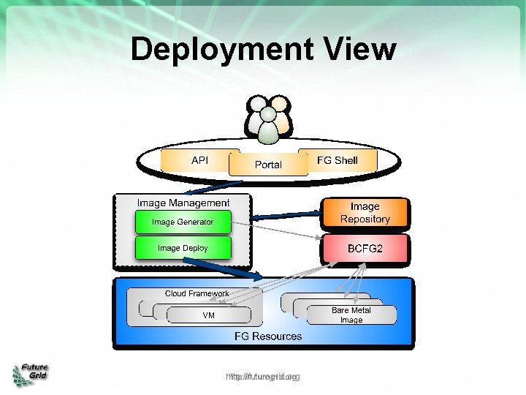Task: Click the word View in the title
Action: click(359, 50)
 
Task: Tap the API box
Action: click(199, 160)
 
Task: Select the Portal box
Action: click(267, 165)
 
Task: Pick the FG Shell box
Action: click(337, 160)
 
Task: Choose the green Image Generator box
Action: click(183, 222)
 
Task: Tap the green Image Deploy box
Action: click(183, 248)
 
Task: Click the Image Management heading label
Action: click(183, 203)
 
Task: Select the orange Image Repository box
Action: click(365, 213)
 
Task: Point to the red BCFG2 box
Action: click(365, 249)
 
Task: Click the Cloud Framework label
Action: click(197, 293)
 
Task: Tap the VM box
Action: click(208, 315)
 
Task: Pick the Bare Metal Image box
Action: click(351, 315)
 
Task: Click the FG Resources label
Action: click(267, 336)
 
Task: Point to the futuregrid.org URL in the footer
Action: click(263, 377)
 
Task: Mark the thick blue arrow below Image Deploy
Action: click(237, 269)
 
